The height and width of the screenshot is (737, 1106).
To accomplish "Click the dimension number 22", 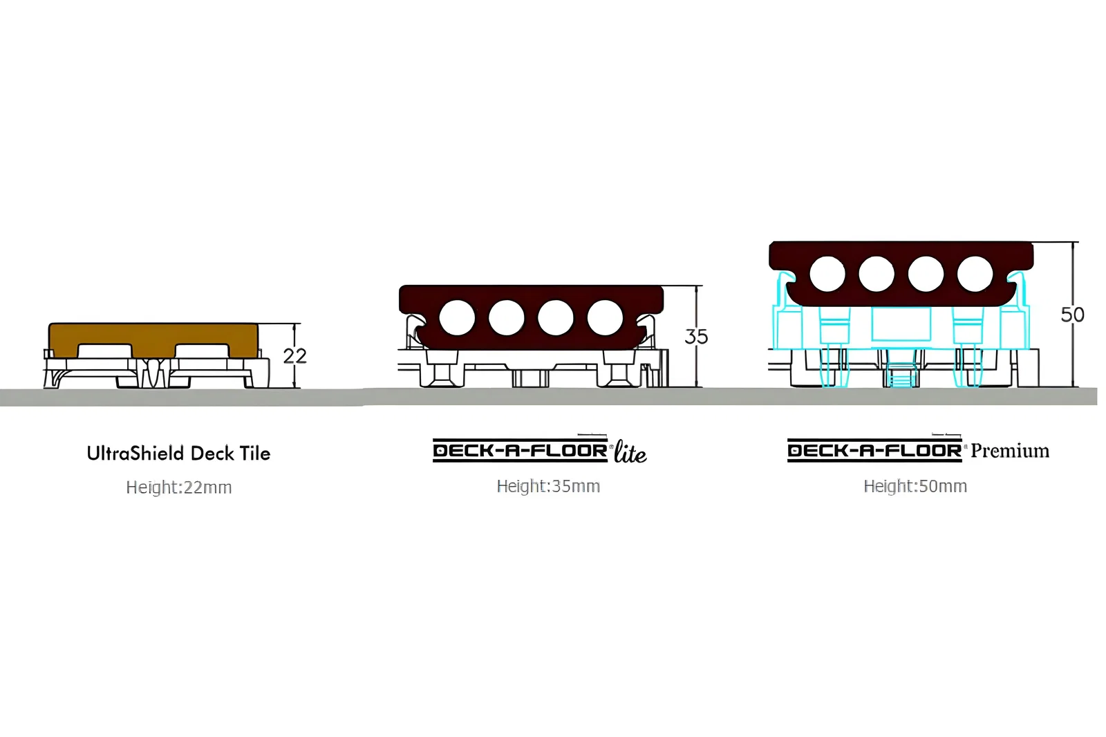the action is point(294,356).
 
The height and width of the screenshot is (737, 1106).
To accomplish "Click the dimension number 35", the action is point(696,337).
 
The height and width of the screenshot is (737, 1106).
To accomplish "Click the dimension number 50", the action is point(1072,315).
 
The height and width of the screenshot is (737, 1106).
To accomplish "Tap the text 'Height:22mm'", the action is point(179,487).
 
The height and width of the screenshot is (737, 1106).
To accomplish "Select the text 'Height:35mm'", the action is point(548,487).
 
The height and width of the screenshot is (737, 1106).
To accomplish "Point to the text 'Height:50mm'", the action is point(915,487).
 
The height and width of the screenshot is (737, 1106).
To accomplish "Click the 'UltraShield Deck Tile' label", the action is point(179,454).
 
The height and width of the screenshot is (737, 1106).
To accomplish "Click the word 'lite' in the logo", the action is point(630,452).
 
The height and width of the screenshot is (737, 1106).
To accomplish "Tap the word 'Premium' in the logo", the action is point(1010,451).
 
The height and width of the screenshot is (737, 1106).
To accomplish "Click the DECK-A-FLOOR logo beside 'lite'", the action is point(521,451).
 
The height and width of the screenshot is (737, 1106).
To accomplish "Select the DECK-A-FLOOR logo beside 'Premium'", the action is point(874,451).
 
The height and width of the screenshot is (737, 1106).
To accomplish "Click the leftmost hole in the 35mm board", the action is point(457,317).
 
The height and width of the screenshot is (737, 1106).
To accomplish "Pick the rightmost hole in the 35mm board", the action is point(605,317).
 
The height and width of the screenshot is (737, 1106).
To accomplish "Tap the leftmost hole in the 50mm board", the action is point(827,274).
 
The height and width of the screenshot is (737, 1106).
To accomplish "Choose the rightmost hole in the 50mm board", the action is point(975,274).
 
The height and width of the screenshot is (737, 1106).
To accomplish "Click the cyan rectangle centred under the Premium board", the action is point(901,324).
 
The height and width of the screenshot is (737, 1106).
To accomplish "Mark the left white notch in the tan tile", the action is point(104,351).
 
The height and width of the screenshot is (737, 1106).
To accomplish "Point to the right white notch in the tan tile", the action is point(202,351).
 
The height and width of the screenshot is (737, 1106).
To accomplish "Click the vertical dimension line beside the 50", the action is point(1072,314).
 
